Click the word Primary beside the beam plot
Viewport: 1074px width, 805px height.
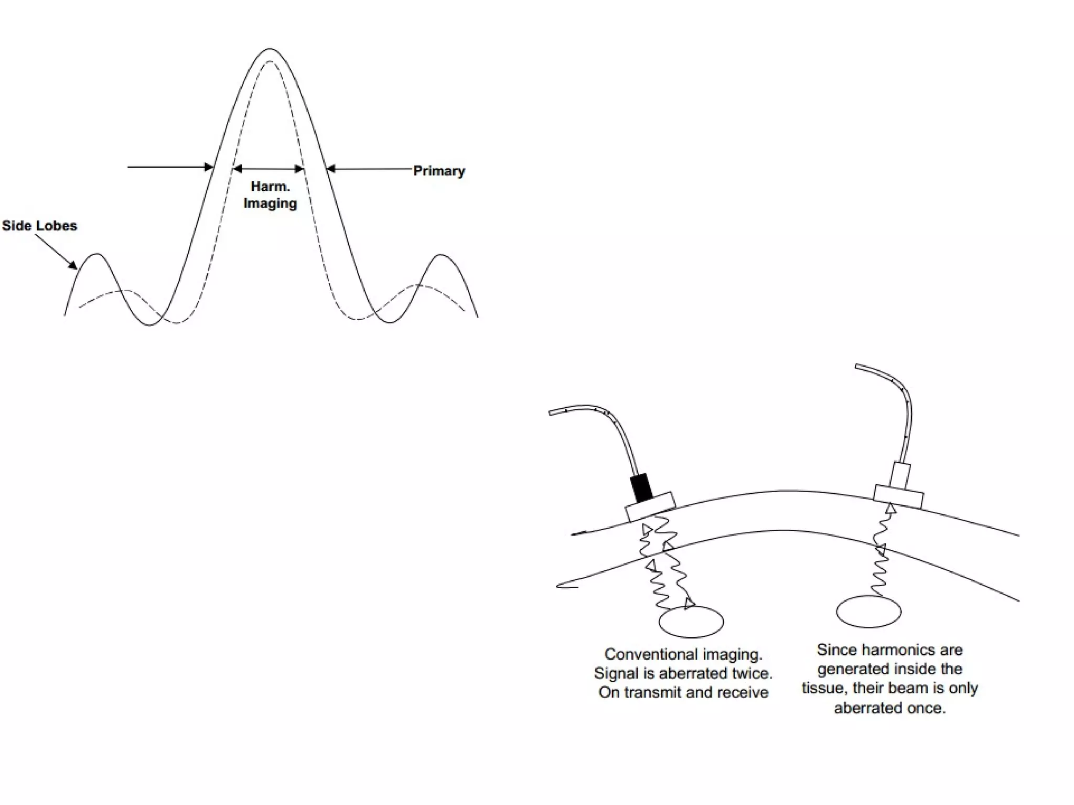439,171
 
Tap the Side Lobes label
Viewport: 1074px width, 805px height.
39,226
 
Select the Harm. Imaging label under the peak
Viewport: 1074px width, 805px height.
270,195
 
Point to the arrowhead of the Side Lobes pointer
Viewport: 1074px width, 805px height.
74,267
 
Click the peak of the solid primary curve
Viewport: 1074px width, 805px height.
270,49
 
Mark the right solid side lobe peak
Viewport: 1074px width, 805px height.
441,255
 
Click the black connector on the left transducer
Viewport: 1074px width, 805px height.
641,487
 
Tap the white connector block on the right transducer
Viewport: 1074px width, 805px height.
900,474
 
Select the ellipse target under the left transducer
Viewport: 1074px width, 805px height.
691,622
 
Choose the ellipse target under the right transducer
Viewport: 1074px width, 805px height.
868,611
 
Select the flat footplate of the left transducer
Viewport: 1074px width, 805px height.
650,506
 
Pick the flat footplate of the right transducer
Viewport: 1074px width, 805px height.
898,496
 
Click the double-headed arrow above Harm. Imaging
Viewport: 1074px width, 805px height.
268,169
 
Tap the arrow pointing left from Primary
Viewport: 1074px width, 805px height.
367,169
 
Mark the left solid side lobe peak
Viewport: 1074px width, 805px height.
97,255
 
